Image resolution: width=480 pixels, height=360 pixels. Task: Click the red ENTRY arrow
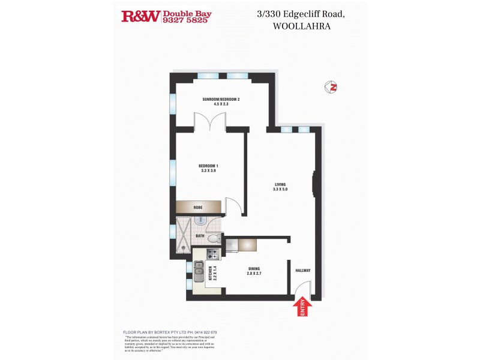pos(303,307)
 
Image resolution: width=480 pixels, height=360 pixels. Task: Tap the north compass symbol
pos(331,87)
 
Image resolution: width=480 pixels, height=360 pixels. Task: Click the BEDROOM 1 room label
pos(209,166)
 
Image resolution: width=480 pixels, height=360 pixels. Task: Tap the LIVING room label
pos(280,184)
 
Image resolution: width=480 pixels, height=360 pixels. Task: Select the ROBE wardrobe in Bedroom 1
pos(198,208)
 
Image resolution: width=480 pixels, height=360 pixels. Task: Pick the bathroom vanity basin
pos(202,222)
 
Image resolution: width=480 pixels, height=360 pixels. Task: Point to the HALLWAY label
pos(302,271)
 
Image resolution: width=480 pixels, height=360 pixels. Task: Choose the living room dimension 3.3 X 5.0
pos(280,190)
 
